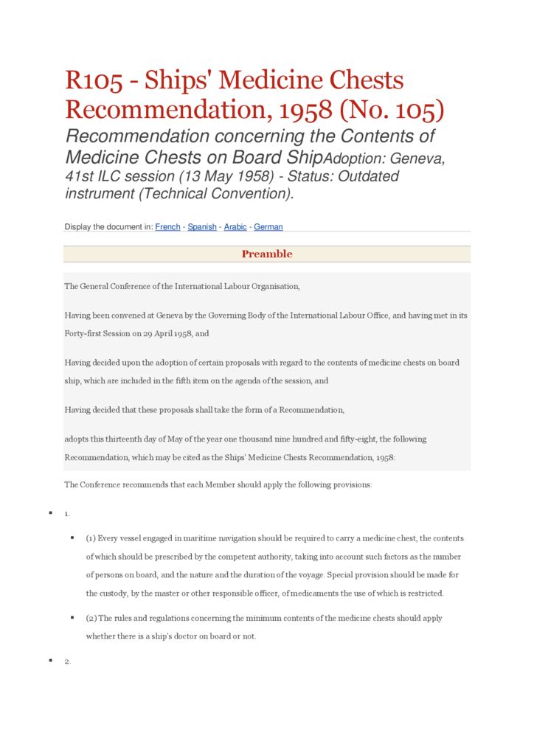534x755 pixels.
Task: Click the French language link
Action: (x=167, y=227)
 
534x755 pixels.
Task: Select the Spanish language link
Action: (x=202, y=227)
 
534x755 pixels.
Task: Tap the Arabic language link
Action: (x=235, y=227)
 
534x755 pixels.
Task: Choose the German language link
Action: (x=268, y=227)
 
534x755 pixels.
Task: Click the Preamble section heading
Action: (x=267, y=254)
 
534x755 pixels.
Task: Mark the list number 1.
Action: (x=67, y=513)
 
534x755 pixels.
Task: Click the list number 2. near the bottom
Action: (x=67, y=661)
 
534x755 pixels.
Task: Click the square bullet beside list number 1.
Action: (x=50, y=512)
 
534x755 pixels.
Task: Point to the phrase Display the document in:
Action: (x=108, y=227)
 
